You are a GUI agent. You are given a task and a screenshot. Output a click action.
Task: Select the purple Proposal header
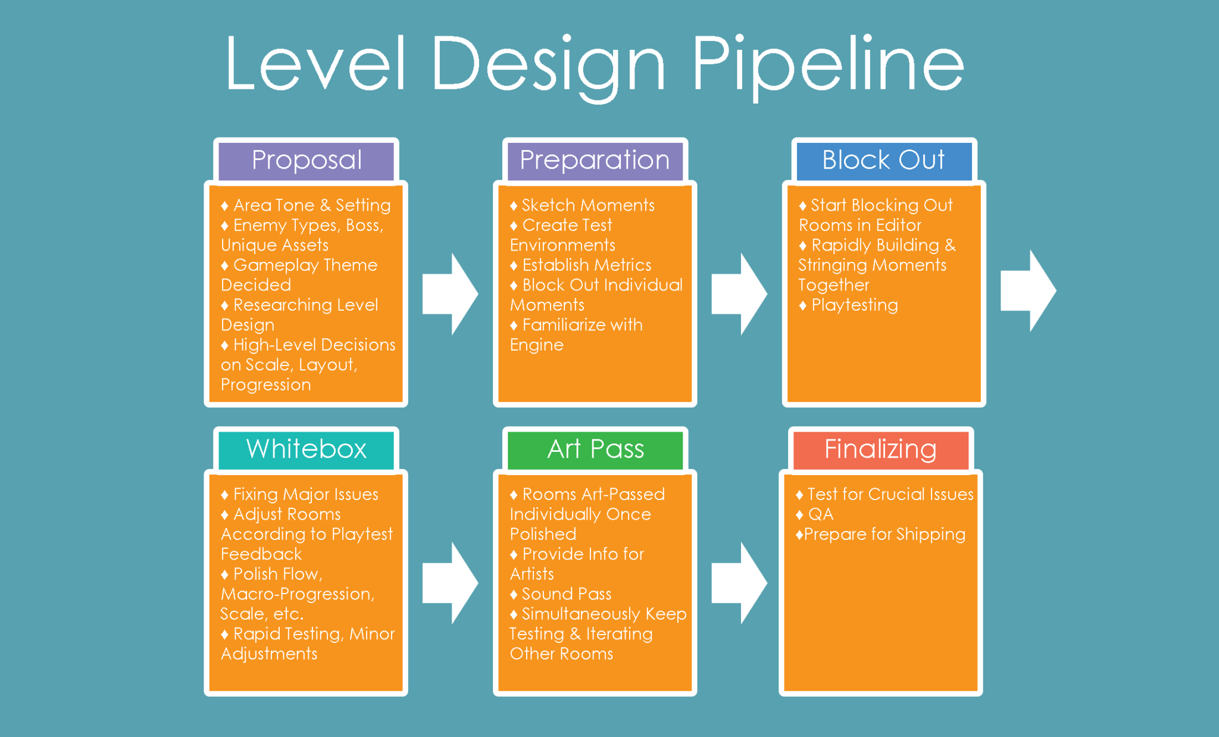pyautogui.click(x=307, y=160)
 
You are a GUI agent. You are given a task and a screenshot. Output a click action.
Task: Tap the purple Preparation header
pyautogui.click(x=595, y=160)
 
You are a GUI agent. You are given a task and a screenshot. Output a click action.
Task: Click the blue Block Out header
pyautogui.click(x=883, y=160)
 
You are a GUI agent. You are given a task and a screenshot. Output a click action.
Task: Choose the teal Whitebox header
pyautogui.click(x=307, y=449)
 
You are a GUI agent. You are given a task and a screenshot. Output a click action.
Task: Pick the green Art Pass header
pyautogui.click(x=595, y=449)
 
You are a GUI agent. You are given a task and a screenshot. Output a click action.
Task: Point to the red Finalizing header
pyautogui.click(x=880, y=449)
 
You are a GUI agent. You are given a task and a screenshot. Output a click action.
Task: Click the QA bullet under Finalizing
pyautogui.click(x=820, y=514)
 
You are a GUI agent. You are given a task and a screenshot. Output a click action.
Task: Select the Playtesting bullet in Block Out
pyautogui.click(x=854, y=305)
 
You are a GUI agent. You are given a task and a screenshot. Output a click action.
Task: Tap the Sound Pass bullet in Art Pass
pyautogui.click(x=566, y=594)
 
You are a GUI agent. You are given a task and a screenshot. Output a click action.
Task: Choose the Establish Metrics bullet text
pyautogui.click(x=586, y=265)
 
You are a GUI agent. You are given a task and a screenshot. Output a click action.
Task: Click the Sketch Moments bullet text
pyautogui.click(x=587, y=205)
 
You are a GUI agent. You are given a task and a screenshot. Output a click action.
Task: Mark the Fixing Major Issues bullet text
pyautogui.click(x=305, y=495)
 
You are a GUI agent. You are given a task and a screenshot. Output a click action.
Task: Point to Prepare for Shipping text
pyautogui.click(x=884, y=535)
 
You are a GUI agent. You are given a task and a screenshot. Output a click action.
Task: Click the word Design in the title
pyautogui.click(x=548, y=64)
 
